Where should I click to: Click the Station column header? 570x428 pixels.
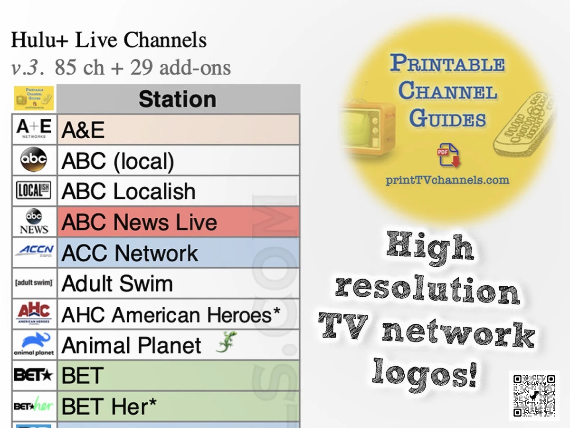178,99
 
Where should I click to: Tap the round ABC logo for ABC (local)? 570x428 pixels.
34,160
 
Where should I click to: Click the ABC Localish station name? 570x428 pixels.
128,191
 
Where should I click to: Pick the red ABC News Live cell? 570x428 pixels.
178,222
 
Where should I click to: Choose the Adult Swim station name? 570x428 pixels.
117,284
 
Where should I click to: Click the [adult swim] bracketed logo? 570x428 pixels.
34,283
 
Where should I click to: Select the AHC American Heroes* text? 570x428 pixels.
171,315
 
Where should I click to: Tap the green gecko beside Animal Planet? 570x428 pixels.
226,342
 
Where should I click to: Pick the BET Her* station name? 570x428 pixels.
109,406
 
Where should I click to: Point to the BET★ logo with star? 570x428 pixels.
34,375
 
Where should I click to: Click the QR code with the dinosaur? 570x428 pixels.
534,396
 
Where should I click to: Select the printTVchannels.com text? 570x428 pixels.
447,180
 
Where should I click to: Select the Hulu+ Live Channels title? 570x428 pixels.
109,40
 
